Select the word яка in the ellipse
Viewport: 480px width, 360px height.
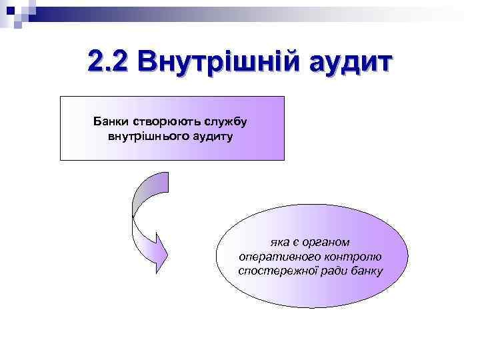tap(281, 242)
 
